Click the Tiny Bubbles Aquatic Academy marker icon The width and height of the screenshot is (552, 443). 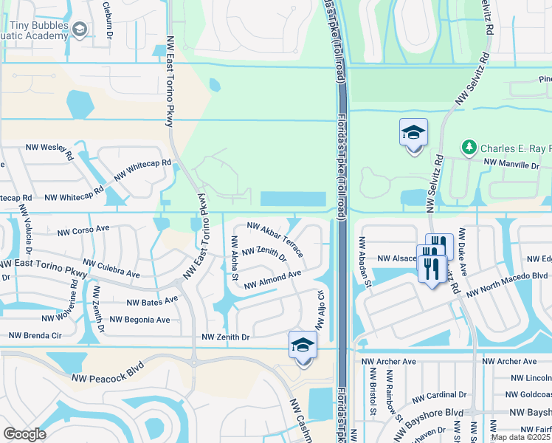[80, 28]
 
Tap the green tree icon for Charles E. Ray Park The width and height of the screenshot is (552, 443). [469, 148]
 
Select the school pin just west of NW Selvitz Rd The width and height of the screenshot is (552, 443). [413, 134]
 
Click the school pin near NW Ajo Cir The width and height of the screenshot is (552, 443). [303, 346]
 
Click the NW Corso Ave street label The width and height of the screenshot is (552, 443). [83, 230]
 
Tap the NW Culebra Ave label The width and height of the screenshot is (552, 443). [111, 268]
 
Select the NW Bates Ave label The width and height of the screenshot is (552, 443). [152, 301]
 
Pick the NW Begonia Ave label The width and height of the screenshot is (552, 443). [139, 320]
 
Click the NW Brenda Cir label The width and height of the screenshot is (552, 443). [34, 335]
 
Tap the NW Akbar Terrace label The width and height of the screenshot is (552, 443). [275, 239]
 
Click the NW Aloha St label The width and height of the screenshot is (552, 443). [234, 258]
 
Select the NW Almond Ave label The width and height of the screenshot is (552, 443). [272, 279]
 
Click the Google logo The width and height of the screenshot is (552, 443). [24, 434]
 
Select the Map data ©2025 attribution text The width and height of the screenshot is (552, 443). [520, 437]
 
